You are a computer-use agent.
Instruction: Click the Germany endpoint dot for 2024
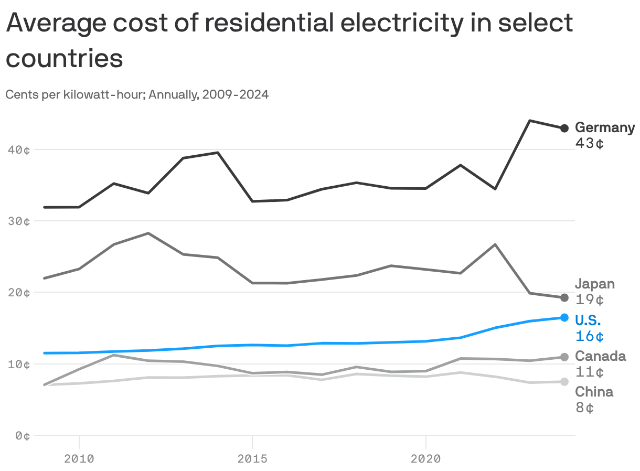pyautogui.click(x=564, y=128)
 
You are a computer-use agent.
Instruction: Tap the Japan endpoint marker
pyautogui.click(x=564, y=297)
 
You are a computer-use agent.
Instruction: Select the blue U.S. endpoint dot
pyautogui.click(x=564, y=317)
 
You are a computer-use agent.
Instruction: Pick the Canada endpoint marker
pyautogui.click(x=564, y=357)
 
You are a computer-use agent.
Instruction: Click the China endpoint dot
pyautogui.click(x=564, y=381)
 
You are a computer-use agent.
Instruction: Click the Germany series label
pyautogui.click(x=604, y=127)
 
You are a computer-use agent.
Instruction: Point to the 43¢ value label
pyautogui.click(x=589, y=143)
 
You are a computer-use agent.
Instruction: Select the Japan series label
pyautogui.click(x=594, y=284)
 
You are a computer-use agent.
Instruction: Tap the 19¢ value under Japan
pyautogui.click(x=589, y=300)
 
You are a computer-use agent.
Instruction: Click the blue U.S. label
pyautogui.click(x=588, y=320)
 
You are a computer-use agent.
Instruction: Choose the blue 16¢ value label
pyautogui.click(x=589, y=336)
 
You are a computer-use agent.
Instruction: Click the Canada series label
pyautogui.click(x=600, y=356)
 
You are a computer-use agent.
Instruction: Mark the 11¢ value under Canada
pyautogui.click(x=589, y=372)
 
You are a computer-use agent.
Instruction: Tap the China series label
pyautogui.click(x=594, y=392)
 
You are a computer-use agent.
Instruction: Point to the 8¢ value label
pyautogui.click(x=584, y=408)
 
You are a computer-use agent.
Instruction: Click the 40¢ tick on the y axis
pyautogui.click(x=19, y=150)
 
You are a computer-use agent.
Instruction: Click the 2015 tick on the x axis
pyautogui.click(x=252, y=459)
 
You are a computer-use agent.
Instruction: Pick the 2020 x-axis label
pyautogui.click(x=425, y=459)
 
